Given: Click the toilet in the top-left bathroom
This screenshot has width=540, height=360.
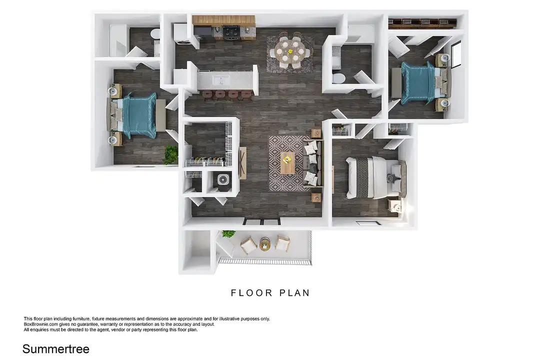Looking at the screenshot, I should click(154, 35).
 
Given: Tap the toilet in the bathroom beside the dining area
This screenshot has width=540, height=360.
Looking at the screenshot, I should click(338, 78).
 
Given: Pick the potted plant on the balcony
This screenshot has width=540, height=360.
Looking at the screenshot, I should click(228, 234).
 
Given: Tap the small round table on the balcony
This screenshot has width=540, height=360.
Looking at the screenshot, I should click(265, 244).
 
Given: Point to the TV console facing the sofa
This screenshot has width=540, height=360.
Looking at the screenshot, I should click(243, 163).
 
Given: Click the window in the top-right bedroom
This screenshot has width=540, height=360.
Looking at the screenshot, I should click(456, 54).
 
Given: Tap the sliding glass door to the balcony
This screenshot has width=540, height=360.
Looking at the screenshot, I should click(261, 221).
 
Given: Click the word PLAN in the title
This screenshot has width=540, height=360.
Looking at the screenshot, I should click(292, 293).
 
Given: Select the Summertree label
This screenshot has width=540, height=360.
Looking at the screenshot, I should click(55, 348).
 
